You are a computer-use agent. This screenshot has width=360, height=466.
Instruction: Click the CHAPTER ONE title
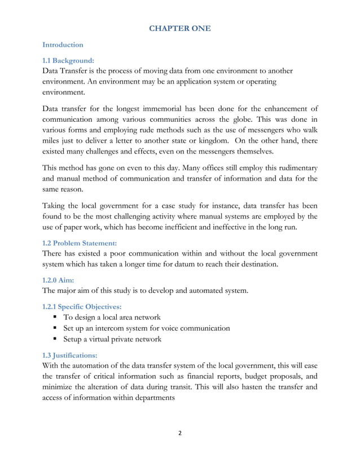point(179,27)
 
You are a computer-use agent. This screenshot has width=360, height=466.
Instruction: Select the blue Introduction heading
point(63,44)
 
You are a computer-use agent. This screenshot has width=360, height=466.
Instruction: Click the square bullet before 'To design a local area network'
point(57,318)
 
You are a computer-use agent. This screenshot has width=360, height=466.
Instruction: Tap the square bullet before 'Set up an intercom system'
point(57,328)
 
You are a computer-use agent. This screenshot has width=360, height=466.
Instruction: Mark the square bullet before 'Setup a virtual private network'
point(57,340)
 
